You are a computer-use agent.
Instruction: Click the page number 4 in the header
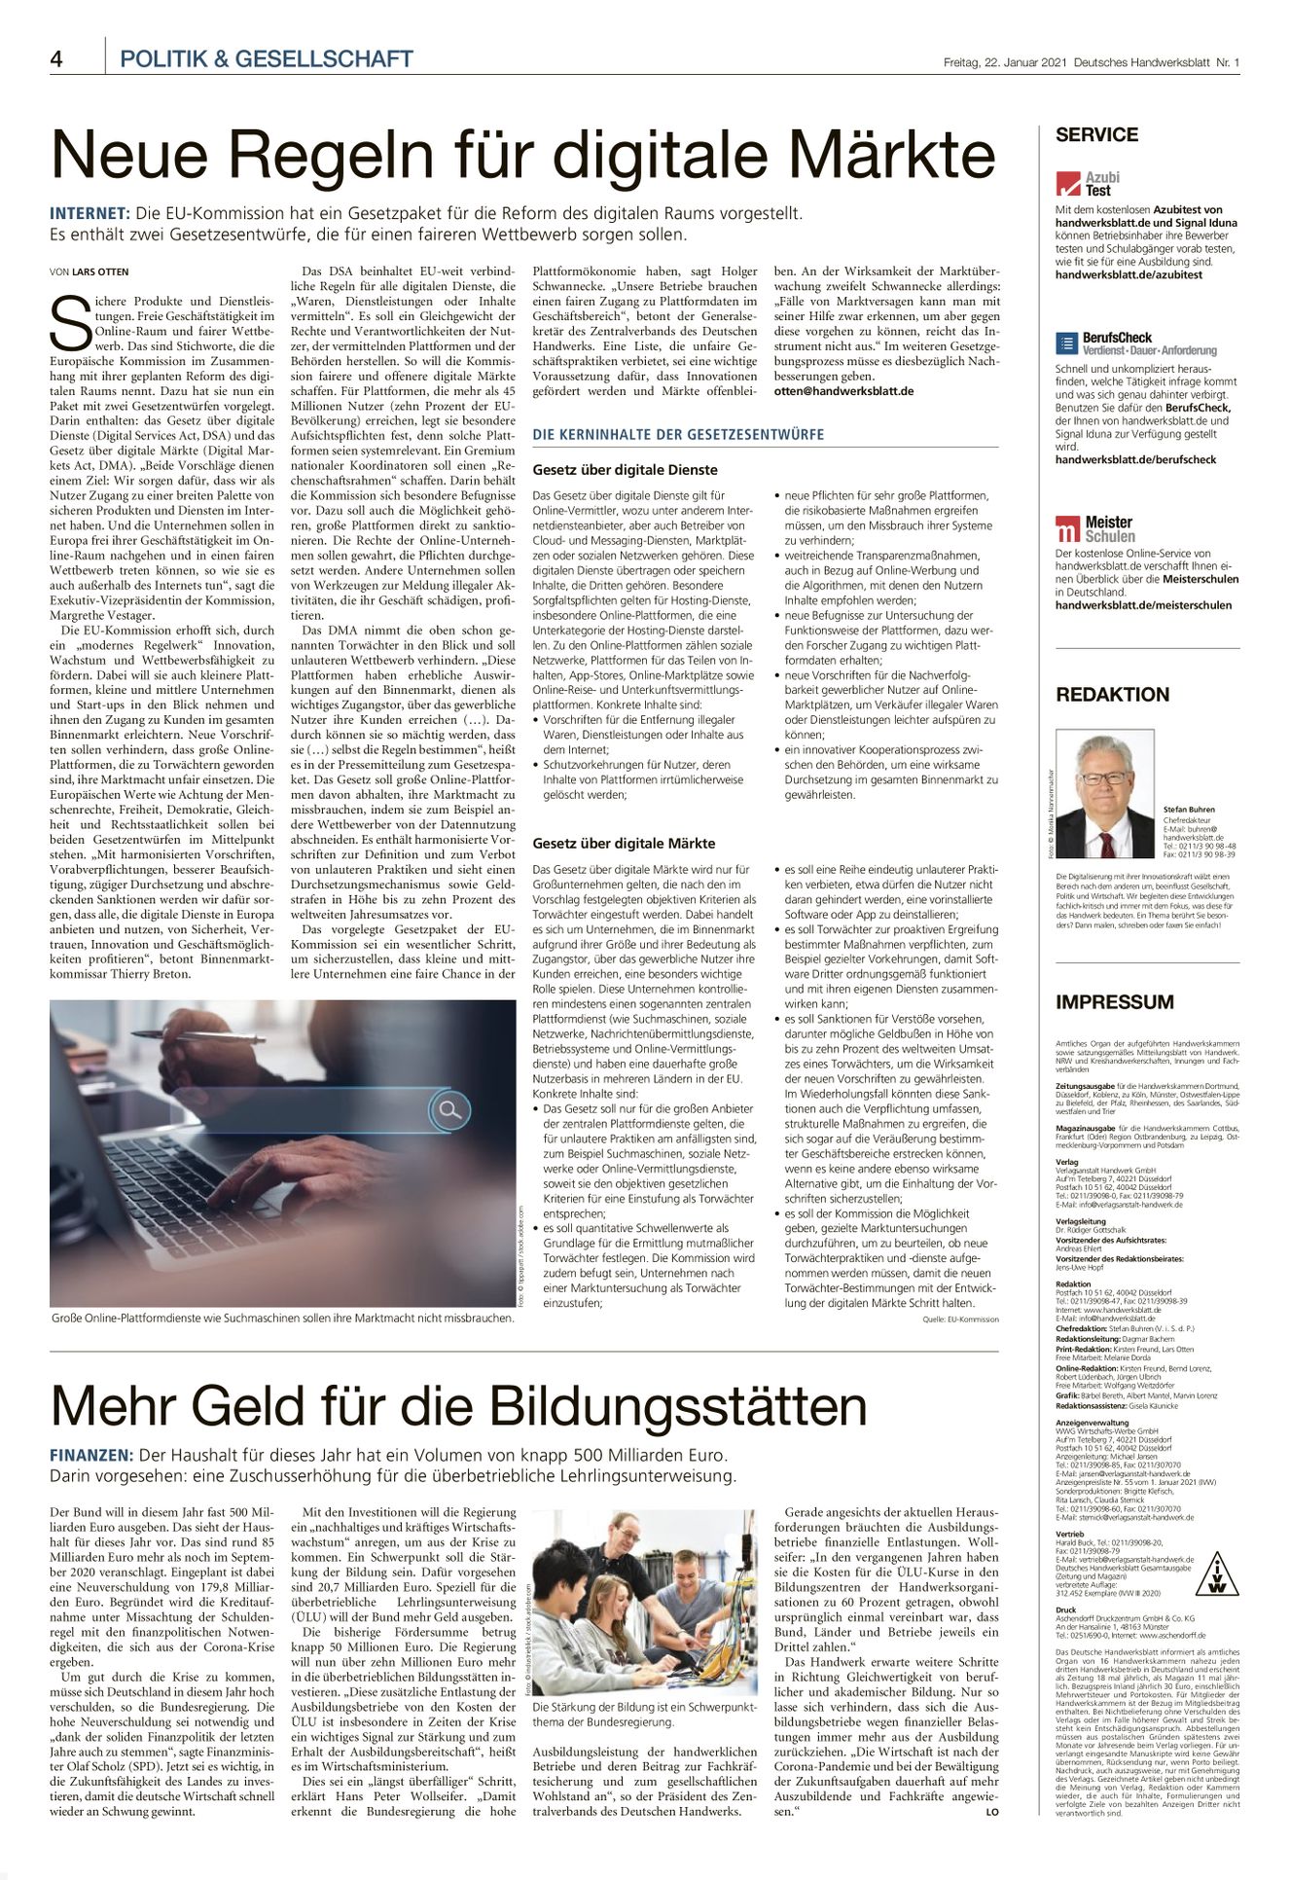(56, 59)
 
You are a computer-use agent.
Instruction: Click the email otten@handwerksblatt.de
(843, 391)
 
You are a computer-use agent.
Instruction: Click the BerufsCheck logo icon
(1066, 343)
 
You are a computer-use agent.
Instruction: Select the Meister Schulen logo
(1094, 529)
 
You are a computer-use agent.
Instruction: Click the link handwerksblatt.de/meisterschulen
(1143, 605)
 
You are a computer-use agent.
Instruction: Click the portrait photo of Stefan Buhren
(1105, 794)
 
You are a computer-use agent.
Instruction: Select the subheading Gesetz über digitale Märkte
(624, 844)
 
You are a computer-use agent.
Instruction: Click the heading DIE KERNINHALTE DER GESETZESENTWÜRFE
(678, 434)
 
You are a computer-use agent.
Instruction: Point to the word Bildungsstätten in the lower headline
(678, 1406)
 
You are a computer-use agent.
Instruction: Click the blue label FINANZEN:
(90, 1455)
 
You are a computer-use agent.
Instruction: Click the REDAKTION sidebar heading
(1112, 695)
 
